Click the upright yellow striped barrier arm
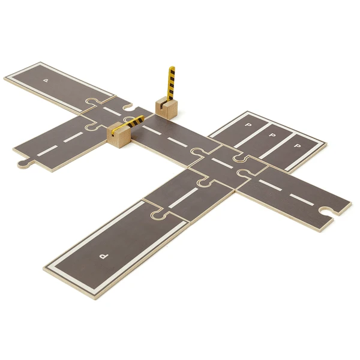point(171,84)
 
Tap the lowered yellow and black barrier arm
point(128,124)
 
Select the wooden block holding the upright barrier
point(166,107)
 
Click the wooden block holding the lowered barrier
point(119,136)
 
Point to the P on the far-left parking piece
point(46,80)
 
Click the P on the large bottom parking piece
point(104,256)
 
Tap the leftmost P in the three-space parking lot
point(248,125)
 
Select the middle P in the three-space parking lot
point(272,135)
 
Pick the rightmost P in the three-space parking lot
point(298,146)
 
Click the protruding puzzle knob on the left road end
point(25,163)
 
